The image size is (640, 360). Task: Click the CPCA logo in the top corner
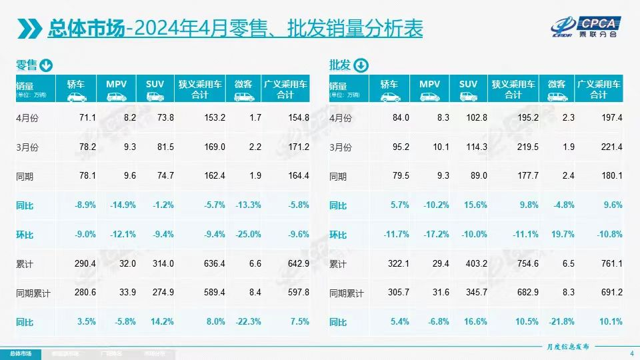pos(587,24)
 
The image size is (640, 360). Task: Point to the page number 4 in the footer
pos(631,353)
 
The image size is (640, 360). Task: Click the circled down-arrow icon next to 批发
pos(360,65)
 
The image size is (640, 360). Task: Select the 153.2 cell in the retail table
pos(214,118)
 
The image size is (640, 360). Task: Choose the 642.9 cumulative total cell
pos(297,264)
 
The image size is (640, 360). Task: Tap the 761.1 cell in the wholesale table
pos(610,264)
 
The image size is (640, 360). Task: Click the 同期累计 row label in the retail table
pos(33,293)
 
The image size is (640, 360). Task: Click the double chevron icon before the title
pos(29,29)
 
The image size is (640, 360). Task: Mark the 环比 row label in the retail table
pos(25,235)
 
